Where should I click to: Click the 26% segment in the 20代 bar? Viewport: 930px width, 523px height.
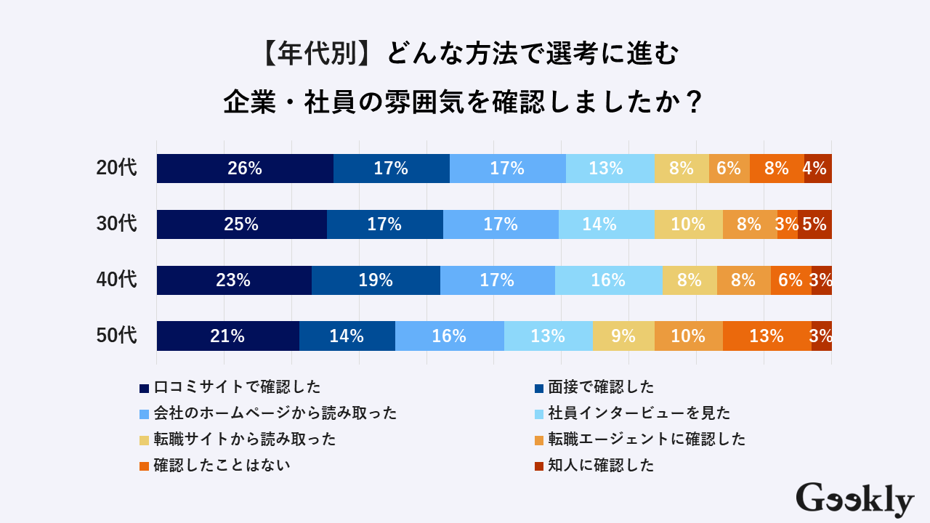point(245,169)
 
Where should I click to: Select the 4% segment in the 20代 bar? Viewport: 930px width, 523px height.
point(817,169)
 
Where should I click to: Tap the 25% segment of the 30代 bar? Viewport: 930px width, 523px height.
point(241,224)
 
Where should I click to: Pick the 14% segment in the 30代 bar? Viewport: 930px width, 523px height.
point(606,224)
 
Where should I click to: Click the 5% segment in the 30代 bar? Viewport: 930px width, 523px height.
point(814,224)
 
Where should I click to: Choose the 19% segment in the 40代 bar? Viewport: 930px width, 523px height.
point(376,280)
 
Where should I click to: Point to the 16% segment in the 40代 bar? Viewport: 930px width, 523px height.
point(608,280)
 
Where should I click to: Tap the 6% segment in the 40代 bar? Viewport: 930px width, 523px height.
point(790,280)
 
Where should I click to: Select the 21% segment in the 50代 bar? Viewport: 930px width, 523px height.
point(227,336)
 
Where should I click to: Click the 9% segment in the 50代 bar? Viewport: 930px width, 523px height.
point(623,336)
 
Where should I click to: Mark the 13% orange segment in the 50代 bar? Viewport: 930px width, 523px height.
point(767,336)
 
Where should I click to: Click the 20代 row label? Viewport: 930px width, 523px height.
point(116,169)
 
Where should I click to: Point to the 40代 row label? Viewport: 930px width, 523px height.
point(116,280)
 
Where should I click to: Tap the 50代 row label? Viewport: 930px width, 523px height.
point(116,336)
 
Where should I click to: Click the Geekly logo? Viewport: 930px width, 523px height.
point(854,500)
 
